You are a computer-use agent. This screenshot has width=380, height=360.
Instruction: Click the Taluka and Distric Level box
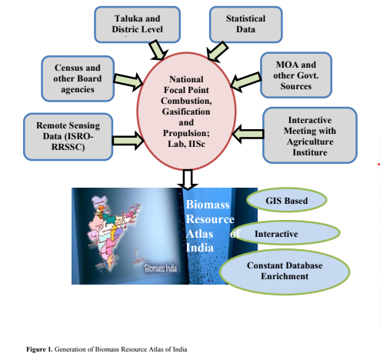(x=137, y=25)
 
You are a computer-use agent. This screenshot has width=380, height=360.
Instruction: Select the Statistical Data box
(x=245, y=25)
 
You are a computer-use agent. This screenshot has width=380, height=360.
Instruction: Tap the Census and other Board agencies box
(x=78, y=78)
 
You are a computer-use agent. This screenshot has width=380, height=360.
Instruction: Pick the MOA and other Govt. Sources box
(x=296, y=75)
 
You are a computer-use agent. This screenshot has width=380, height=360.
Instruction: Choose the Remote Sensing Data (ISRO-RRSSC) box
(x=68, y=137)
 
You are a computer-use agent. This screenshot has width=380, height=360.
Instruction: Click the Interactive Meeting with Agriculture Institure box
(x=310, y=135)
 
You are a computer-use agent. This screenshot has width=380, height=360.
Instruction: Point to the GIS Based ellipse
(x=286, y=200)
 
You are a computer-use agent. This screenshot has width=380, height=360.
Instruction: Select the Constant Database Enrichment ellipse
(x=285, y=272)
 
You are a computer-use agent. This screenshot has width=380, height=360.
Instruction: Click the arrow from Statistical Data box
(x=217, y=52)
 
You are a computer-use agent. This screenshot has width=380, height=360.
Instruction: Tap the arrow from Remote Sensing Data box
(x=128, y=141)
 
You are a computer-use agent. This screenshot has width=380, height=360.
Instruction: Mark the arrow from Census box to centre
(x=128, y=82)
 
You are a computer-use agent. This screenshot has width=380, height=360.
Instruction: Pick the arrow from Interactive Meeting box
(x=248, y=134)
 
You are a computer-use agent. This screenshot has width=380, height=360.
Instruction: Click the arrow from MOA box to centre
(x=245, y=82)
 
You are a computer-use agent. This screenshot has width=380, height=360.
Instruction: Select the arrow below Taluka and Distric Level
(x=158, y=50)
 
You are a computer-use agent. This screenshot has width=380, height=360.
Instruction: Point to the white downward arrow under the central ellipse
(x=188, y=179)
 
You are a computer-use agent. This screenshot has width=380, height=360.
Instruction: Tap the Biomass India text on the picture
(x=161, y=268)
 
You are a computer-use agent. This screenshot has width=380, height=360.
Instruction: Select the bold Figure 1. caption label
(x=39, y=349)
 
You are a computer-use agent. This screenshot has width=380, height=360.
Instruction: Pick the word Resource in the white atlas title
(x=210, y=219)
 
